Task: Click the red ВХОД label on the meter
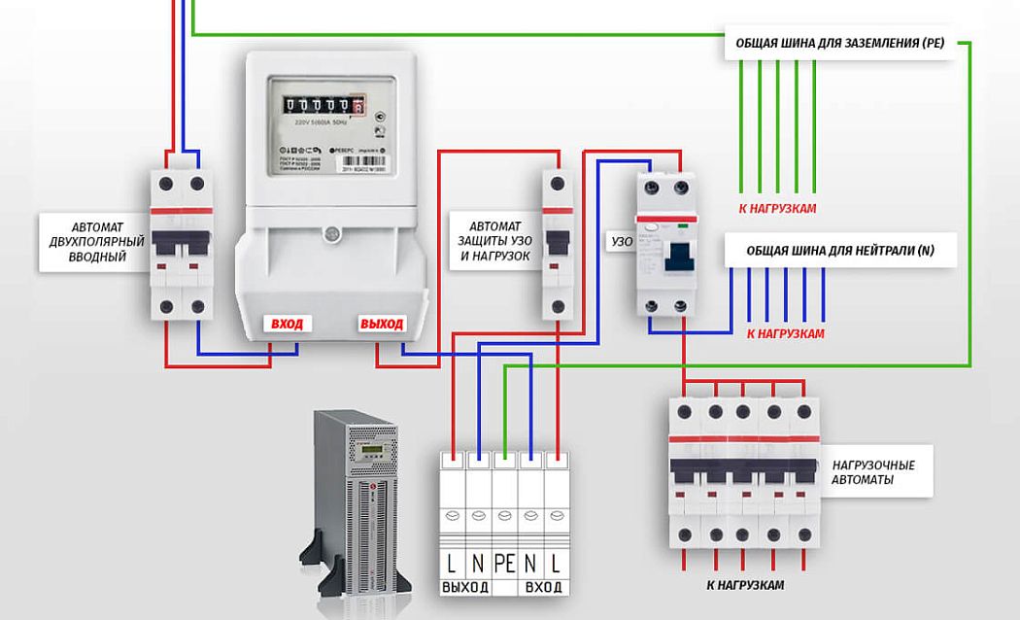[287, 325]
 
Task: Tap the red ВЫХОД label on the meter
[381, 325]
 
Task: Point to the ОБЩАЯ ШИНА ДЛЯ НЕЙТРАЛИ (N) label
[840, 251]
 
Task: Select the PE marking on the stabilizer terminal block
[504, 562]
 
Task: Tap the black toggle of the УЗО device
[678, 255]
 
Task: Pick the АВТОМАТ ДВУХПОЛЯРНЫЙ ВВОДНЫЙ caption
[94, 240]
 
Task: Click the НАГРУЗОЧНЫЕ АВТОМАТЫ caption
[873, 472]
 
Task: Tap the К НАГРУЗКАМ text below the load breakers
[745, 586]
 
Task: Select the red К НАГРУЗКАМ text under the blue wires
[785, 333]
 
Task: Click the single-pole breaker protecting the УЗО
[556, 243]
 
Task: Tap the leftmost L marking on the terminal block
[452, 562]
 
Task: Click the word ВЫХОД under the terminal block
[465, 588]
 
